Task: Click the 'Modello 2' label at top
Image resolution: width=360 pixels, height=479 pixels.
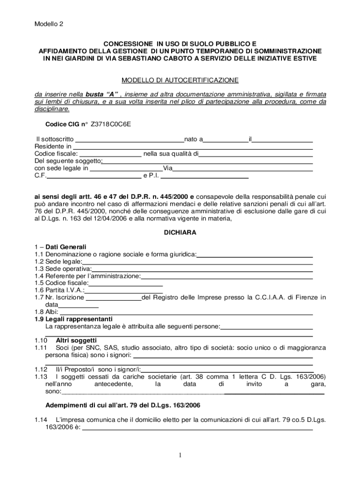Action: tap(49, 25)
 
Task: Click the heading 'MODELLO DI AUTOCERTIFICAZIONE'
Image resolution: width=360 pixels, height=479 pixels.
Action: tap(180, 80)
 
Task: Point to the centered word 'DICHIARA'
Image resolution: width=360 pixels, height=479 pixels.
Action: tap(180, 232)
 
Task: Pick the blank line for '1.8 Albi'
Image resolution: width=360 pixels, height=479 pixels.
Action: tap(186, 312)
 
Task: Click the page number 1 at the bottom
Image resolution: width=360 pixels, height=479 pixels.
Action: tap(180, 457)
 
